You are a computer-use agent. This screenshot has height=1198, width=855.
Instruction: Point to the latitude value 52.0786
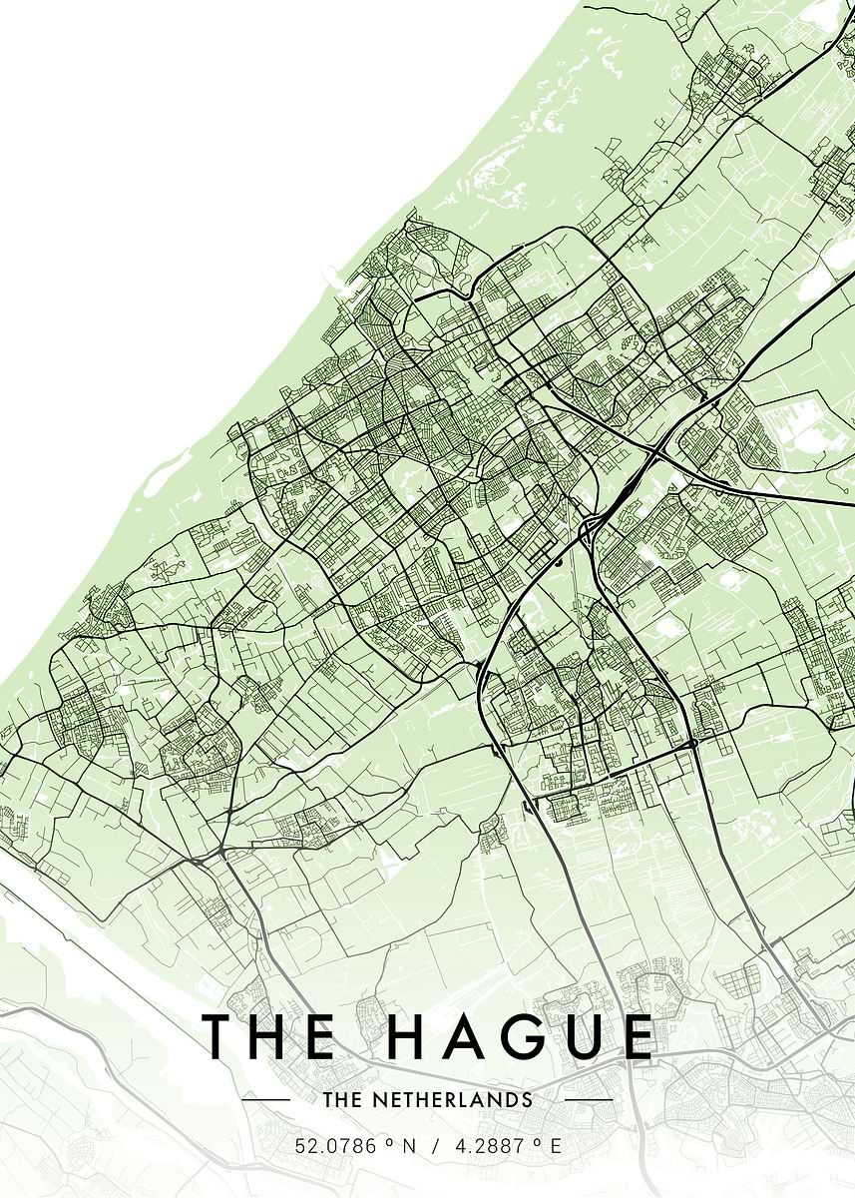point(336,1146)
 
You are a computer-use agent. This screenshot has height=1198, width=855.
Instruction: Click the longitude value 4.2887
point(490,1146)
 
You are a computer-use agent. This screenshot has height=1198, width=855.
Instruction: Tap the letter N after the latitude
point(408,1146)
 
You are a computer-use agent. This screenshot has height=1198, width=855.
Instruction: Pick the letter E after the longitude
point(556,1146)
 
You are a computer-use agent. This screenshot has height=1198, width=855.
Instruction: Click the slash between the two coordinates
point(435,1146)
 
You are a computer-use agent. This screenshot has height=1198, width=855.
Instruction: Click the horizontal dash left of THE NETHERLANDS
point(266,1100)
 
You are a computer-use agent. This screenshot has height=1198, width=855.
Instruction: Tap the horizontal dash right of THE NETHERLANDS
point(590,1100)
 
